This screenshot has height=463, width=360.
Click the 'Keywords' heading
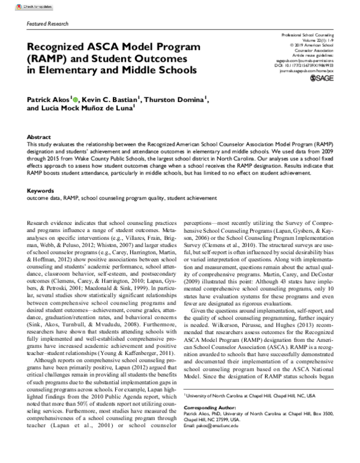pyautogui.click(x=41, y=175)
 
